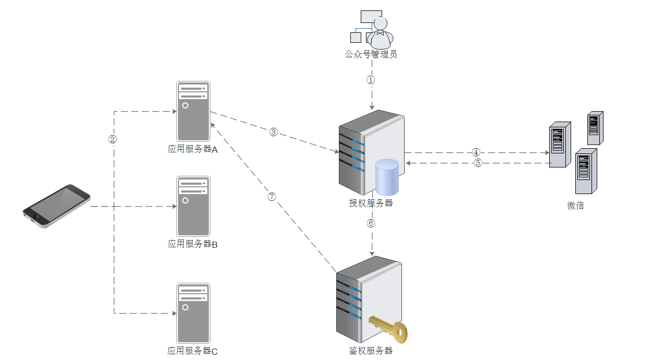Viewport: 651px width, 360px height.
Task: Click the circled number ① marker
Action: click(x=371, y=80)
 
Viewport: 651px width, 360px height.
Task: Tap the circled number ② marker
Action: click(x=112, y=139)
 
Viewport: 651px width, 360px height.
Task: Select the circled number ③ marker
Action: click(x=274, y=131)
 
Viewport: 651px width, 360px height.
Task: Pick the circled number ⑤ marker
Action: click(x=478, y=163)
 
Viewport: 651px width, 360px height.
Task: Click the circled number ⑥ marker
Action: click(x=371, y=223)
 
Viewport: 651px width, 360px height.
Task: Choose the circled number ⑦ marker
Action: click(x=271, y=197)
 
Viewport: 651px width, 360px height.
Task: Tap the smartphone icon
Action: click(x=56, y=206)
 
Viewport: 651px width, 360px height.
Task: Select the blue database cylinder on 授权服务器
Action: click(x=387, y=177)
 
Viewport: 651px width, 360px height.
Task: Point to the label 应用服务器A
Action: click(x=193, y=149)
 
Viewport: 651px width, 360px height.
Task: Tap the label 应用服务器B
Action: click(x=193, y=244)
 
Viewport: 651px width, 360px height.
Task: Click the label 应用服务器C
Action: click(x=193, y=351)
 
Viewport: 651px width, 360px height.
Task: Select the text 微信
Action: click(x=575, y=206)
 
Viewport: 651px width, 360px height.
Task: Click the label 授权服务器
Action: click(x=371, y=203)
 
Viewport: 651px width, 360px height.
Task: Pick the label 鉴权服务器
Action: click(x=371, y=351)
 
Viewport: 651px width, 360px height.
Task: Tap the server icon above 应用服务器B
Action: click(x=193, y=207)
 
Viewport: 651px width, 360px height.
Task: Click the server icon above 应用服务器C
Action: click(x=193, y=313)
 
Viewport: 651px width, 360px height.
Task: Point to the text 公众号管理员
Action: click(x=371, y=54)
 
